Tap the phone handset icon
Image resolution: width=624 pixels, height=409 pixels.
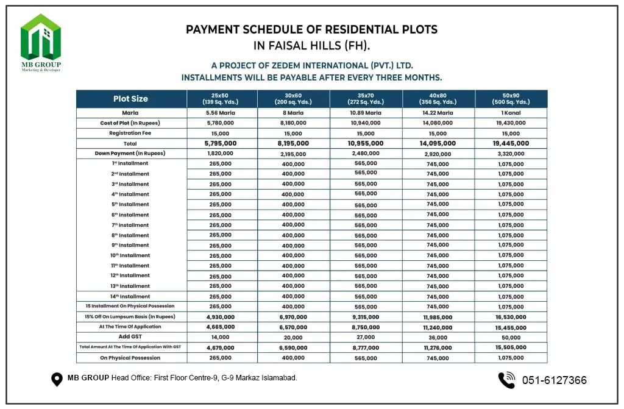click(x=506, y=380)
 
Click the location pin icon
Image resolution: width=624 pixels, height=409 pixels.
click(x=57, y=379)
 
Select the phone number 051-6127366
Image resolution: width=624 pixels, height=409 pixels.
click(x=554, y=380)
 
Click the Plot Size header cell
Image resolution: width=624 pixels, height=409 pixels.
click(x=130, y=99)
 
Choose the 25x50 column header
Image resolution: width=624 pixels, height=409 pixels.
click(x=222, y=99)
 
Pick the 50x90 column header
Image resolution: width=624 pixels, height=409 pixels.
click(x=511, y=99)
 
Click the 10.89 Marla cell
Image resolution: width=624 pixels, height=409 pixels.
click(x=366, y=113)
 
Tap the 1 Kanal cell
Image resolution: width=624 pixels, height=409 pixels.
click(x=511, y=113)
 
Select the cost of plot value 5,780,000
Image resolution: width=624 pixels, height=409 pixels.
click(x=222, y=123)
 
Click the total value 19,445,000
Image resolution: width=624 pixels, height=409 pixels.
click(x=511, y=143)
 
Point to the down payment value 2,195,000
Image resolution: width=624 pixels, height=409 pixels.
click(x=293, y=154)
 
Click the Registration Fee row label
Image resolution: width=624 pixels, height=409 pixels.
click(x=130, y=133)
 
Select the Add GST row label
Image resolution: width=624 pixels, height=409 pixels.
click(x=130, y=336)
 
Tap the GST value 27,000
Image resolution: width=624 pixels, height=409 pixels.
click(x=366, y=337)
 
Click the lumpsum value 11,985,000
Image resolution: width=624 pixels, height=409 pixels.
click(x=438, y=317)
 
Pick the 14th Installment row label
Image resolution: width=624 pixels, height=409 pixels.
click(x=130, y=296)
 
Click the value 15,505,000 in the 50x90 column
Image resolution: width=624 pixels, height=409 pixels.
click(x=511, y=347)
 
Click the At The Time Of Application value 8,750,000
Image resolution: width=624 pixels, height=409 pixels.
click(x=366, y=327)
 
